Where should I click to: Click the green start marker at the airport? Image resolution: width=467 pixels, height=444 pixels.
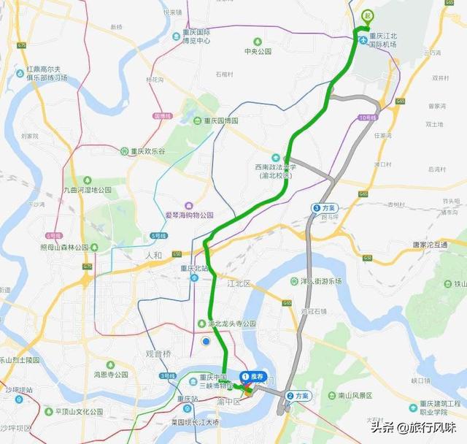coord(368,15)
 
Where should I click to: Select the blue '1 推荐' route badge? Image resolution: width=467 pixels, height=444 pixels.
coord(252,377)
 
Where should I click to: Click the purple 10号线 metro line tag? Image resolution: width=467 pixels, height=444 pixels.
coord(367,118)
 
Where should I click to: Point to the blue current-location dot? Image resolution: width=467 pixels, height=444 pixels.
coord(207,340)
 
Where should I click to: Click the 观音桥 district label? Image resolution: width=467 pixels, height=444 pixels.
coord(158,354)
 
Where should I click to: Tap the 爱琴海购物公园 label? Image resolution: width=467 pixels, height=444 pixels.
coord(188,215)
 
